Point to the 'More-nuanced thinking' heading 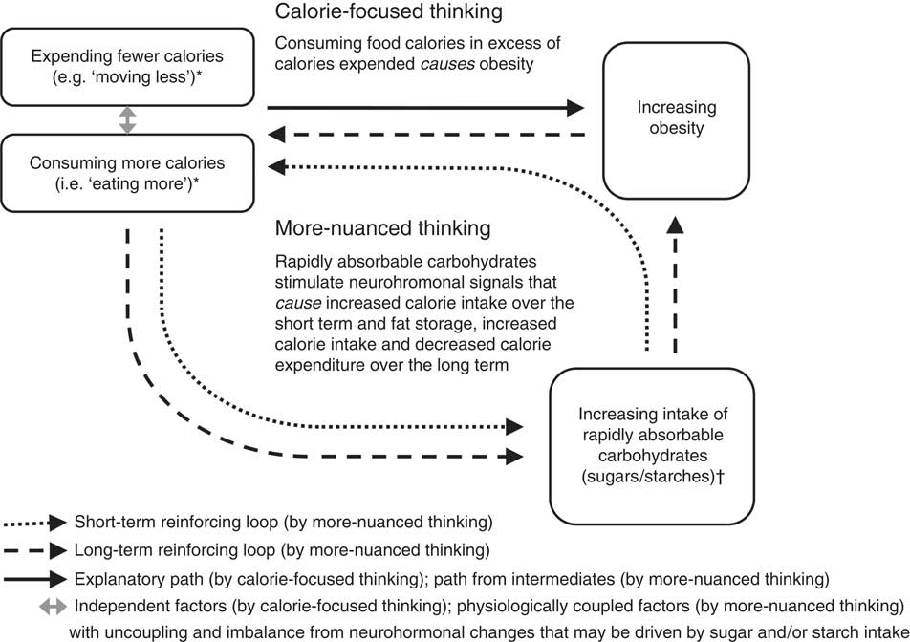383,229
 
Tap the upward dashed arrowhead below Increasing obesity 675,226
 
